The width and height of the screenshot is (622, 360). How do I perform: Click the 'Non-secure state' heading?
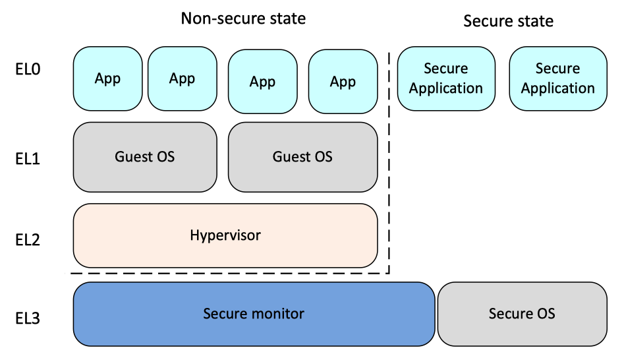[x=243, y=18]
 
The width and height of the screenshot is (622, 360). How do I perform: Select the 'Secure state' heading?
[x=508, y=21]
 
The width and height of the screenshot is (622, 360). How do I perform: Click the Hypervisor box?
[x=225, y=235]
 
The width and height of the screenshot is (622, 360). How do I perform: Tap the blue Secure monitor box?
[x=254, y=314]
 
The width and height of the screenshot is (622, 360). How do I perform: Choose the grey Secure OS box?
[x=522, y=314]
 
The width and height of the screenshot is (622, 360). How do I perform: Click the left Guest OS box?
[x=145, y=157]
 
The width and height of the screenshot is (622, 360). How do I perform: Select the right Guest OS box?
[x=302, y=157]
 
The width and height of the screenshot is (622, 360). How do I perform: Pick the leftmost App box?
[x=107, y=79]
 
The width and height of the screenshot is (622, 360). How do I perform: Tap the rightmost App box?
[x=343, y=82]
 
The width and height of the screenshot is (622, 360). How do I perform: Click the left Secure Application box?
[x=446, y=78]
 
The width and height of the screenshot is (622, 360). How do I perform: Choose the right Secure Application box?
[x=558, y=78]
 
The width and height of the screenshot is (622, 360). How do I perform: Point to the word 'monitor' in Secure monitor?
[x=277, y=314]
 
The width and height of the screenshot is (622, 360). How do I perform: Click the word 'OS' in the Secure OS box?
[x=544, y=314]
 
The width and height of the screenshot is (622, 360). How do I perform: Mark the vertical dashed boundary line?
[x=389, y=165]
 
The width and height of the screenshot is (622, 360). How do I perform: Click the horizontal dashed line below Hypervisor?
[x=231, y=273]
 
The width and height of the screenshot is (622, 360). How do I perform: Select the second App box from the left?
[x=182, y=79]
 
